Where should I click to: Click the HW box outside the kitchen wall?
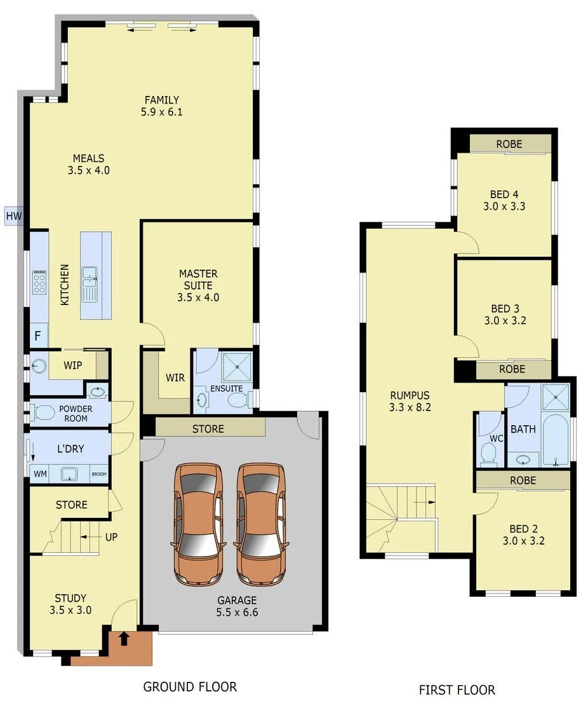[13, 217]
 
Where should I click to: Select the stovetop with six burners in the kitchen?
[39, 282]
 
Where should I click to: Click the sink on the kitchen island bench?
[89, 274]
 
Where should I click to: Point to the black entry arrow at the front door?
[124, 639]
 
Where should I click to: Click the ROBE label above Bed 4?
[509, 144]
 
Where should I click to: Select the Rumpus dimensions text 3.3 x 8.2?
[410, 407]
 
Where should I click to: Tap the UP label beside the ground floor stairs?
[111, 537]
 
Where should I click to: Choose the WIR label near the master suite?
[175, 378]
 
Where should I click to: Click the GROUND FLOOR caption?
[190, 687]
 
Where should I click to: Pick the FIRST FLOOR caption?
[457, 689]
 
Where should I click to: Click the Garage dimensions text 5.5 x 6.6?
[237, 613]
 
